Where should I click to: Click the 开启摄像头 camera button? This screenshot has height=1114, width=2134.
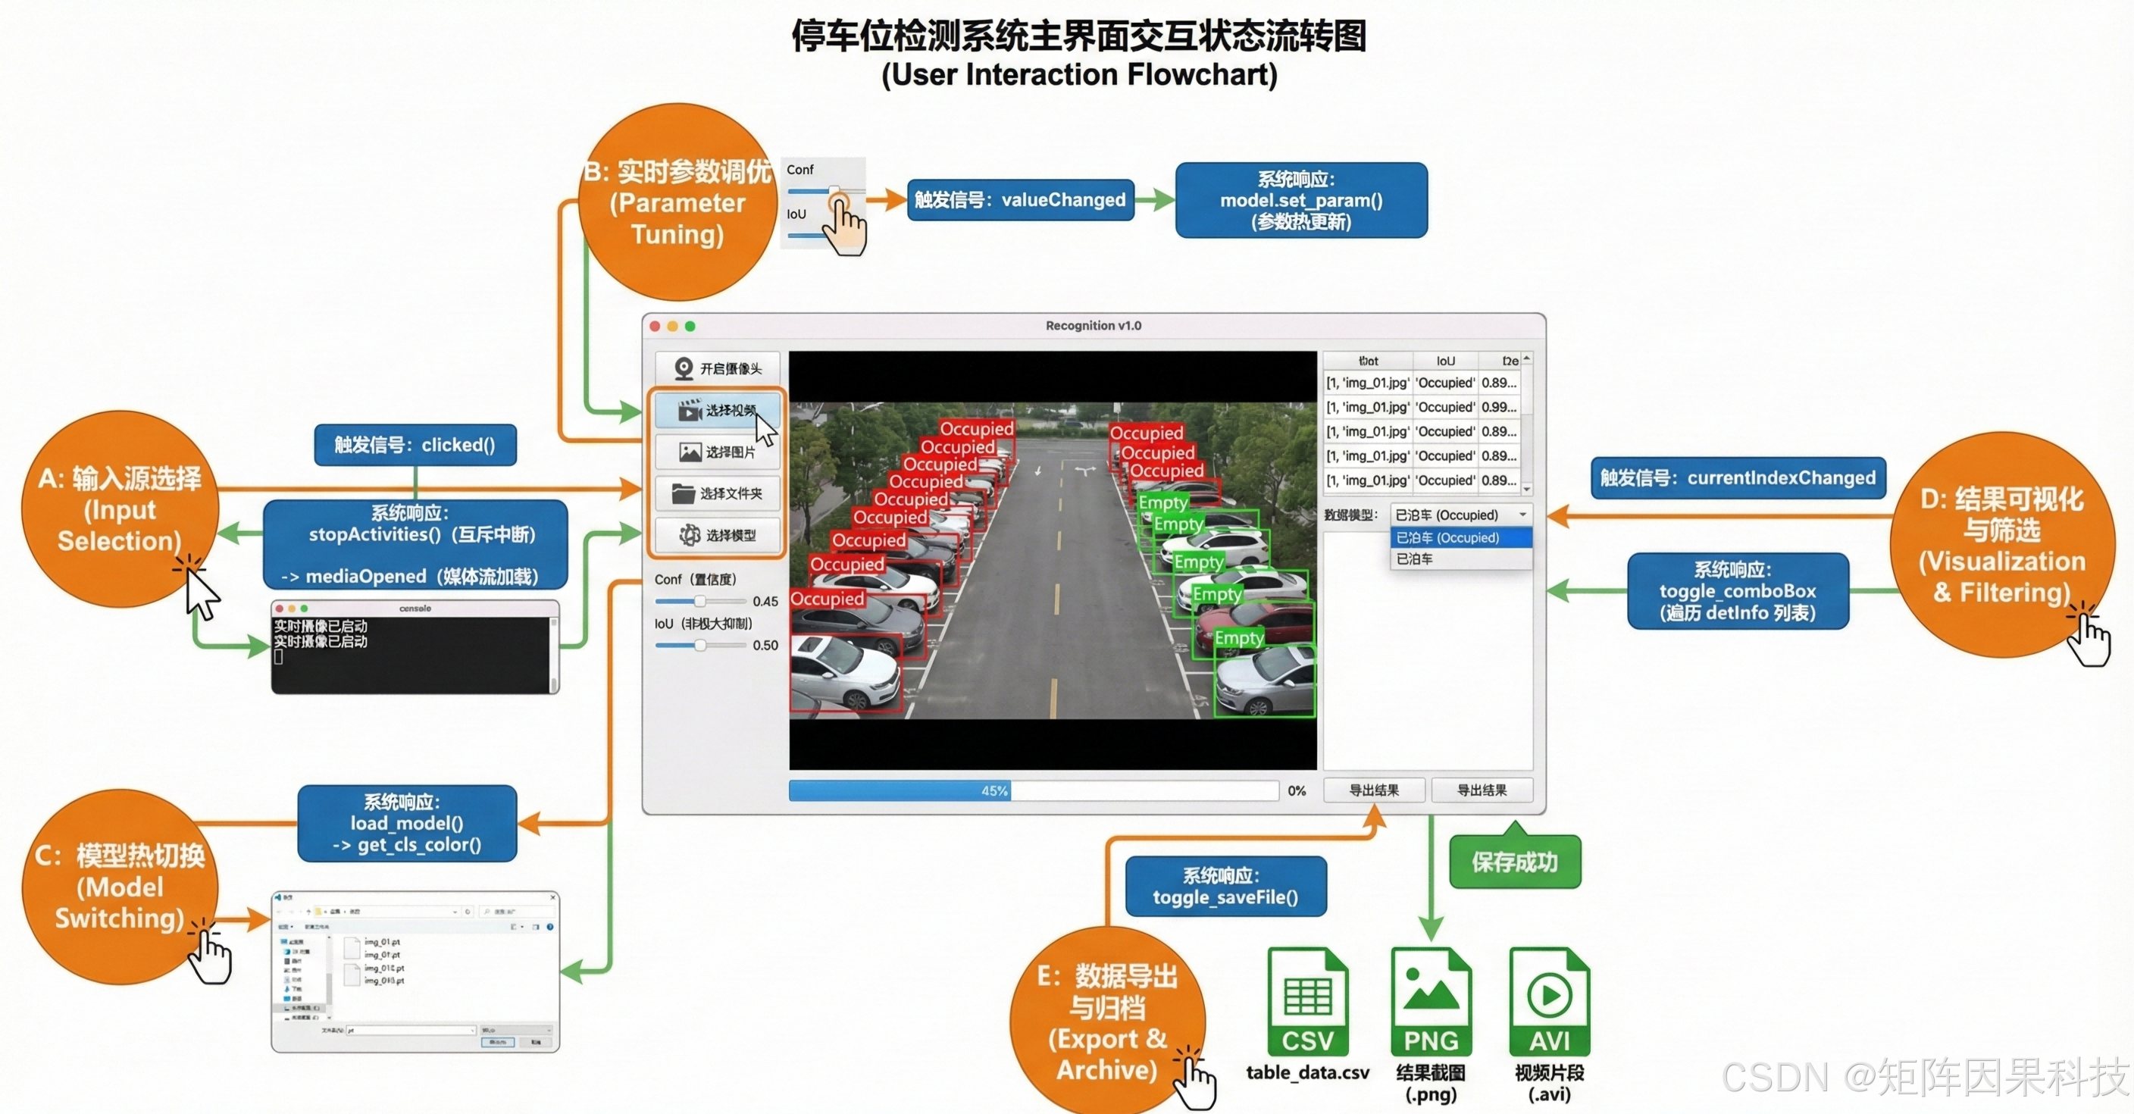coord(718,368)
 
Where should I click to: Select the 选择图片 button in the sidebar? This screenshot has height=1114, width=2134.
coord(718,452)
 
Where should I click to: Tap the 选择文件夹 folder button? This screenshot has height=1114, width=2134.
coord(718,493)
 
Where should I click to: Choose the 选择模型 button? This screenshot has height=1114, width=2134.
coord(718,535)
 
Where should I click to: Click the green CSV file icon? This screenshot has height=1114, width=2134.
coord(1308,1002)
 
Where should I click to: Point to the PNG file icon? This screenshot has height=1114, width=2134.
coord(1431,1002)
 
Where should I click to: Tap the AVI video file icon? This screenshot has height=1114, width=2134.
coord(1549,1002)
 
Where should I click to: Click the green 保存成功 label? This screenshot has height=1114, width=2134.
coord(1514,863)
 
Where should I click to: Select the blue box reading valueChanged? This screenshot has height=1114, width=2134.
coord(1020,200)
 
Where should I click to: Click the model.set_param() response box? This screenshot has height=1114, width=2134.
coord(1300,200)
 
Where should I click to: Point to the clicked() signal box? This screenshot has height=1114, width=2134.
coord(415,446)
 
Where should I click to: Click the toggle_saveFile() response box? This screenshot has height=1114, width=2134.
coord(1225,886)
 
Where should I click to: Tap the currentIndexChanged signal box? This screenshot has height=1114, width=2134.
coord(1737,478)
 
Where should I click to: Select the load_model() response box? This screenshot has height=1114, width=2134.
coord(407,823)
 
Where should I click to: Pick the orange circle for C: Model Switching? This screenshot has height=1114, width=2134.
coord(120,886)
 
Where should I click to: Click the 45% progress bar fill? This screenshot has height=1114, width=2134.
coord(899,791)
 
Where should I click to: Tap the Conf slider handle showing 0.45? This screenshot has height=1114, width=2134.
coord(700,601)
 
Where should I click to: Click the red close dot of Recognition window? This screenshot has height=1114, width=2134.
coord(656,327)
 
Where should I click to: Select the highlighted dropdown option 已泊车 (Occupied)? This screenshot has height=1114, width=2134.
coord(1460,538)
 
